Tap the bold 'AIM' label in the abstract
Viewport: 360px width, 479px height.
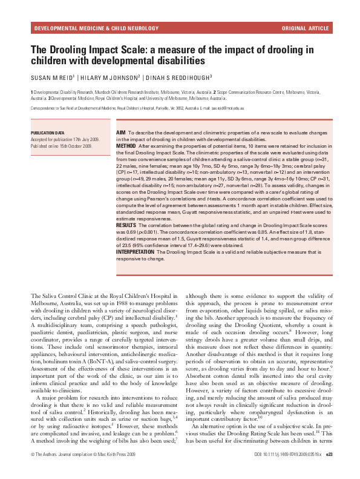[120, 132]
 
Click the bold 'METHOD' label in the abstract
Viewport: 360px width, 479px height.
[126, 145]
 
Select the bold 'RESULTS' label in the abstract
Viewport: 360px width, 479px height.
[126, 224]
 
